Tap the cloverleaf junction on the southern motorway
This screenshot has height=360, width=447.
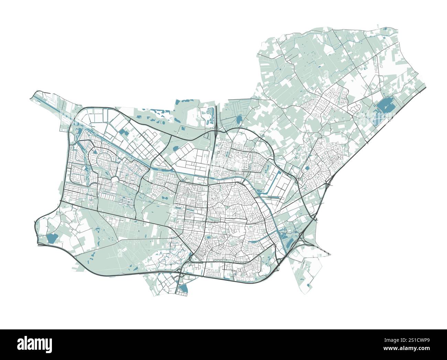click(x=181, y=270)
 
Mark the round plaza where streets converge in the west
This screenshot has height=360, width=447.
click(x=114, y=179)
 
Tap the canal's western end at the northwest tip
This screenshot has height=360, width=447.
click(x=34, y=97)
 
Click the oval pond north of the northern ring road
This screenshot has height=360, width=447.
click(x=238, y=119)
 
